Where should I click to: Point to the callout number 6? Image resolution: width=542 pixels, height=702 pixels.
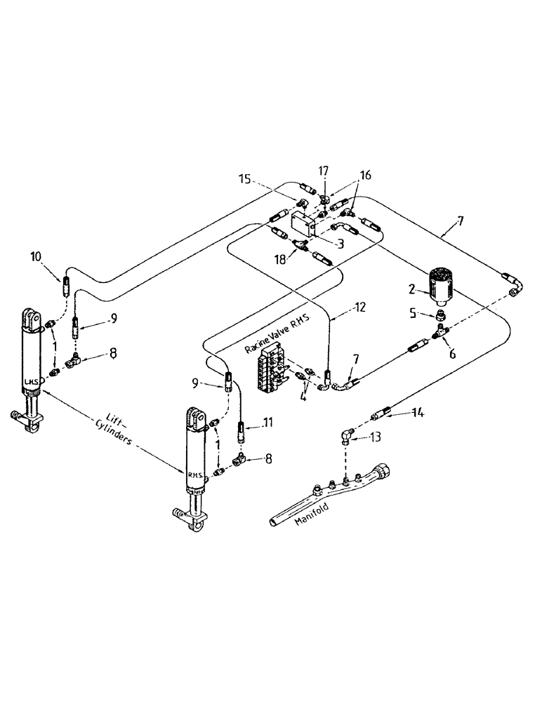[x=452, y=355]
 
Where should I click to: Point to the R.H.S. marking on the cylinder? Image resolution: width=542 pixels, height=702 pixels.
[x=196, y=473]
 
